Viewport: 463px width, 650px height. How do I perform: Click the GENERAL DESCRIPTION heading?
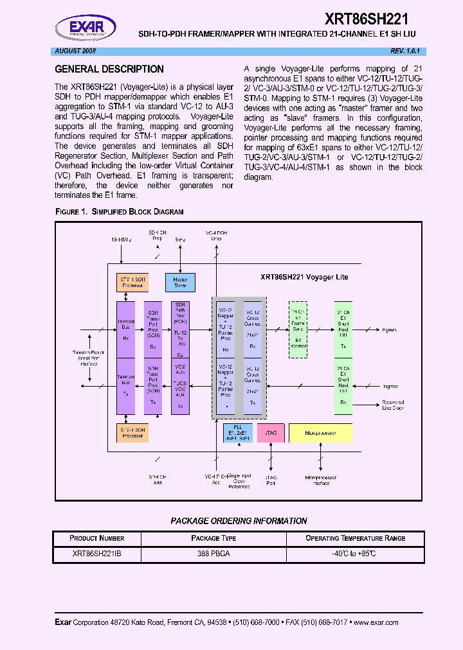click(109, 69)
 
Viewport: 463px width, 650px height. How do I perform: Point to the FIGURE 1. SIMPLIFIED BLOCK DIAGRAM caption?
click(120, 211)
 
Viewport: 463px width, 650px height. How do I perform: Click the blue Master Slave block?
click(180, 282)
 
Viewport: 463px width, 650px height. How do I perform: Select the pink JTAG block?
click(271, 433)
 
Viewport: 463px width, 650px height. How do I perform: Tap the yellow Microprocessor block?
click(320, 433)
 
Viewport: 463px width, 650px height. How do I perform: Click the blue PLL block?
click(238, 433)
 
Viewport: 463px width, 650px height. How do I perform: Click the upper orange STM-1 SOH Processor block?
click(132, 282)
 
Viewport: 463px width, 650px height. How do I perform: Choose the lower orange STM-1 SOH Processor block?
click(132, 433)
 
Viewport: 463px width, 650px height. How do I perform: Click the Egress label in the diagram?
click(389, 330)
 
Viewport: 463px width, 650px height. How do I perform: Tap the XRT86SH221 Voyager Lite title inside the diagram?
click(304, 277)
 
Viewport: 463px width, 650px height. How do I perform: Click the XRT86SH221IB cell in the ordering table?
click(96, 553)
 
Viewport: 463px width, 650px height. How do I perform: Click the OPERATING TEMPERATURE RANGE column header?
click(355, 538)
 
